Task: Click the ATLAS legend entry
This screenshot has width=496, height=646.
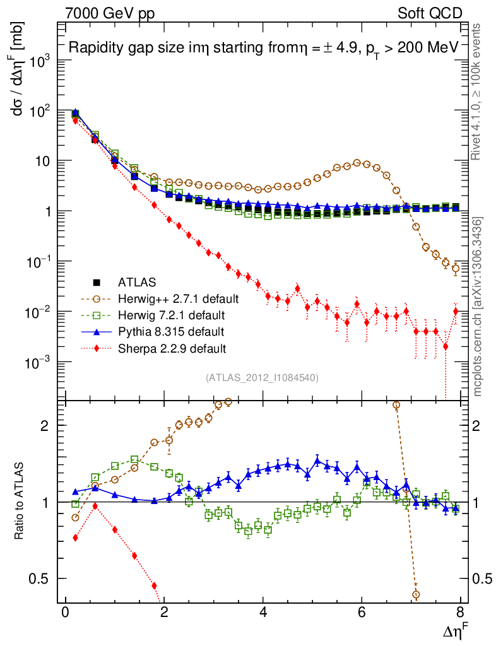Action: tap(136, 282)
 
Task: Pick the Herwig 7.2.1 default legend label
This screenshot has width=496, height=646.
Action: tap(171, 315)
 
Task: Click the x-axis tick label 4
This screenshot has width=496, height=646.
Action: tap(263, 613)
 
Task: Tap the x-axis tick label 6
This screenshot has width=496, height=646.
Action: tap(362, 613)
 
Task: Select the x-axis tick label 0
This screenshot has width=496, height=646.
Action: tap(66, 613)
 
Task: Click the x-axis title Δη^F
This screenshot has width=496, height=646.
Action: tap(454, 630)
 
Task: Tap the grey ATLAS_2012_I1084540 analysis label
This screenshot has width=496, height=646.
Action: tap(262, 378)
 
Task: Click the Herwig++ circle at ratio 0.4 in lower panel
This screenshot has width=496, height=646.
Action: tap(416, 594)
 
